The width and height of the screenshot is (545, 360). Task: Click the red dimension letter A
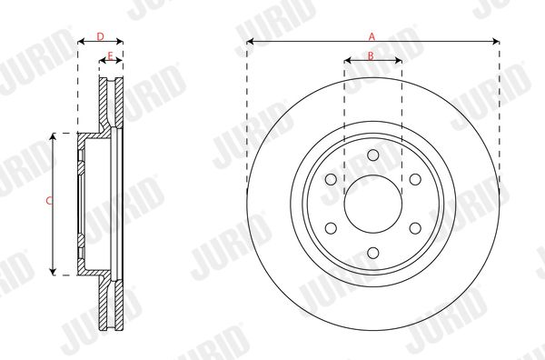[x=372, y=36]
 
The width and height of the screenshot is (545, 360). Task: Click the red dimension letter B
[x=371, y=55]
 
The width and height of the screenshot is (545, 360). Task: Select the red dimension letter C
[x=49, y=201]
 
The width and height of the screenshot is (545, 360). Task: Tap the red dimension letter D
[x=100, y=36]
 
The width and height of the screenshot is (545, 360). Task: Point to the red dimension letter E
[x=110, y=55]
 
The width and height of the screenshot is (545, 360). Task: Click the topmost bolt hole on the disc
[x=373, y=155]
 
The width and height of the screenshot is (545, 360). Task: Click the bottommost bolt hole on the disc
[x=373, y=253]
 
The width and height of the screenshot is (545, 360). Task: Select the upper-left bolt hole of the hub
[x=331, y=179]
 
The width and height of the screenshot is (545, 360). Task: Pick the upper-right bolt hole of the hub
[x=415, y=179]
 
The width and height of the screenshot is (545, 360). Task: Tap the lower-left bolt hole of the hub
[x=331, y=228]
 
